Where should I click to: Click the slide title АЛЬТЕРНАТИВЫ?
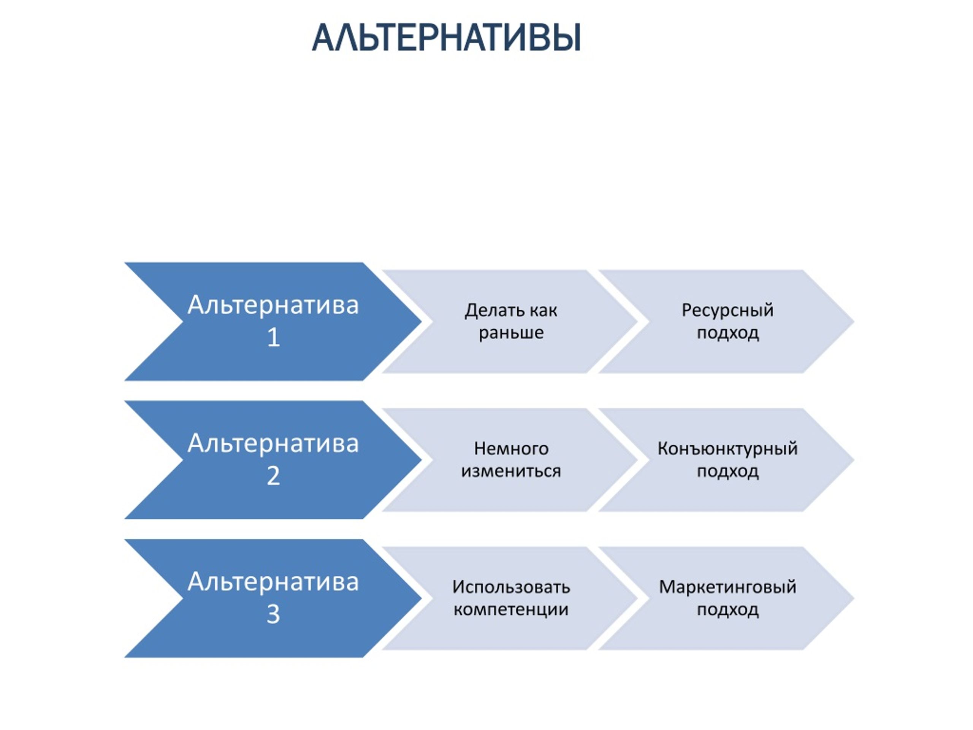tap(447, 38)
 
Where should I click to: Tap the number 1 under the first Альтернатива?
tap(273, 338)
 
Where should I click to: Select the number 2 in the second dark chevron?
tap(273, 476)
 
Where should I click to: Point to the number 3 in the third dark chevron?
tap(273, 614)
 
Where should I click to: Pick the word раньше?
tap(511, 333)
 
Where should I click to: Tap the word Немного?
tap(511, 449)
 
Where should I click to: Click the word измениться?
tap(511, 471)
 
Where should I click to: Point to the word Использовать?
tap(511, 587)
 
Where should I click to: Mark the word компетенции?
tap(511, 610)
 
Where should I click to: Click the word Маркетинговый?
tap(727, 587)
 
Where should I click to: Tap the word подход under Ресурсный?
tap(727, 333)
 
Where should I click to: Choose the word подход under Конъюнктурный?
tap(727, 472)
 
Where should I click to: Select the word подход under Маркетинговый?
tap(727, 610)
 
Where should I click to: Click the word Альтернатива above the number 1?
tap(273, 305)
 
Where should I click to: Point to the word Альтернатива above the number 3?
tap(273, 582)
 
